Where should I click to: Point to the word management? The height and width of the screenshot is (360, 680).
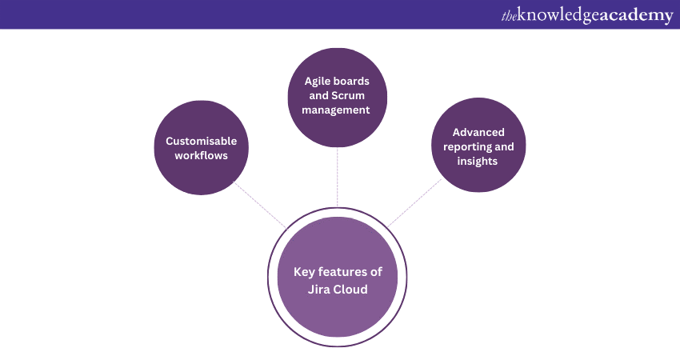pos(337,110)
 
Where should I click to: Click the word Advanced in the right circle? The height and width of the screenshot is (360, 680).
pos(478,132)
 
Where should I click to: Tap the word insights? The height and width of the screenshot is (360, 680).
pos(478,161)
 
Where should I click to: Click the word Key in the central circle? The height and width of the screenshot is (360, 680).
pos(305,272)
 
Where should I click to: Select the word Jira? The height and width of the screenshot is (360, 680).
pos(320,290)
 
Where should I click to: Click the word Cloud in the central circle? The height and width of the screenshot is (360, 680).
pos(352,290)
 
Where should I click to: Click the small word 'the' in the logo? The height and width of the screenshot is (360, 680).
pos(510,15)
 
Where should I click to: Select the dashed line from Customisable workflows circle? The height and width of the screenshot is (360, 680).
pos(259,203)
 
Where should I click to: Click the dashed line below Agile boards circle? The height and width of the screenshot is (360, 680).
pos(337,176)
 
